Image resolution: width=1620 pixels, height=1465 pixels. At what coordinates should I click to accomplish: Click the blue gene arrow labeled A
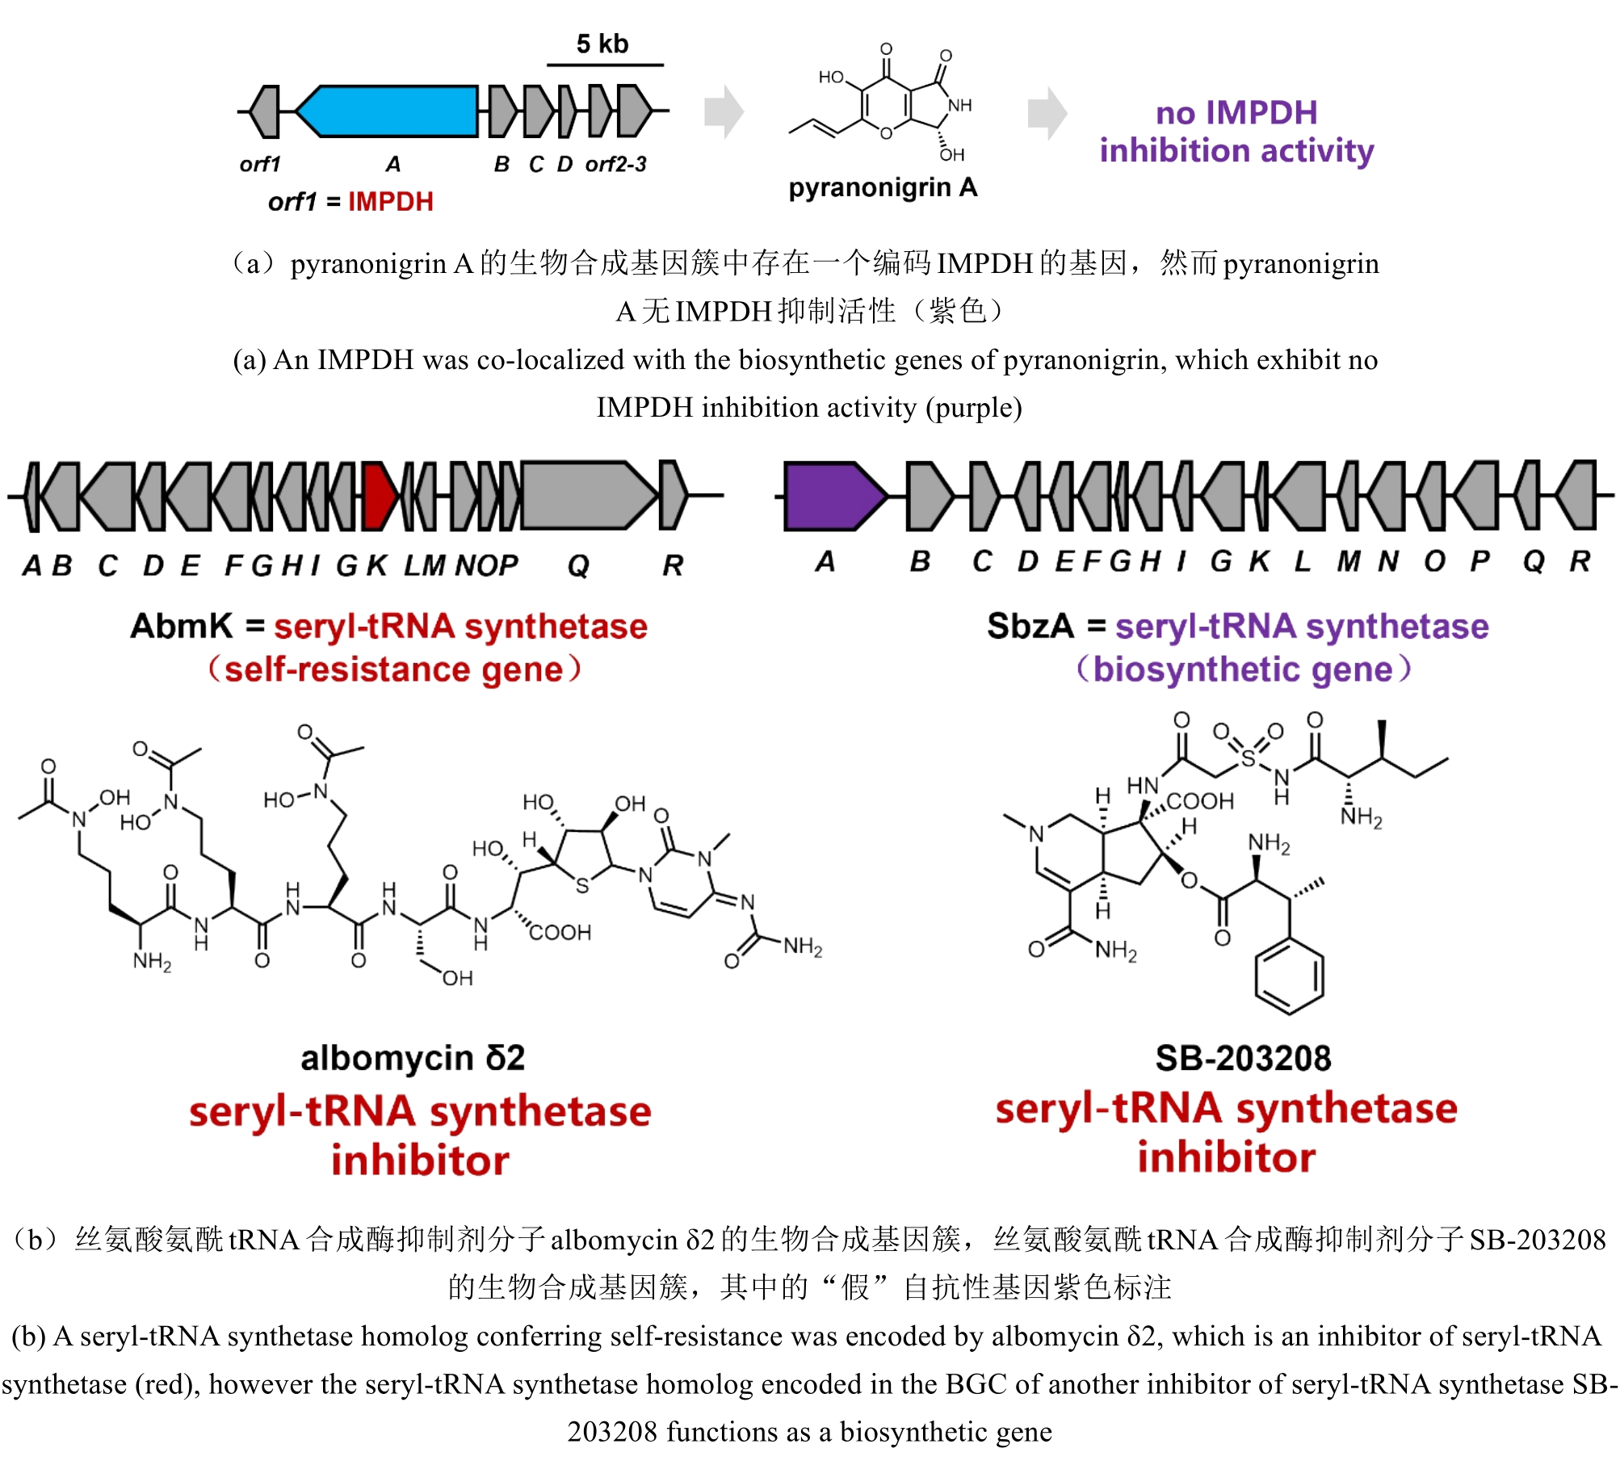(x=388, y=111)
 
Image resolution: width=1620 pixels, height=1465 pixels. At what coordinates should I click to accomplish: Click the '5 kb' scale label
(x=602, y=44)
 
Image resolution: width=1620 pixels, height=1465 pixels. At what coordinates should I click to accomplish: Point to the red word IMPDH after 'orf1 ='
(x=391, y=201)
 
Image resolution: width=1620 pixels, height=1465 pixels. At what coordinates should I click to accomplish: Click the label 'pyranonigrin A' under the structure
(x=883, y=187)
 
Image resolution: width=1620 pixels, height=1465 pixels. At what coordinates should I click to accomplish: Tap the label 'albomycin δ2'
(x=413, y=1057)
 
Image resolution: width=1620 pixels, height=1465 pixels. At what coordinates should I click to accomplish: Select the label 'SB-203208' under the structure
(x=1243, y=1057)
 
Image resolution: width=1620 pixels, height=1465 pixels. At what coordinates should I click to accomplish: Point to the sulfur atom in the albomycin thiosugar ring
(x=582, y=886)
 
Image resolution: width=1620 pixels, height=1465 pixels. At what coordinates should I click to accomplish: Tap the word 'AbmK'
(x=181, y=626)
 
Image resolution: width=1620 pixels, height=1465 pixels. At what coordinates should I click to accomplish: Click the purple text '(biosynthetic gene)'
(x=1243, y=670)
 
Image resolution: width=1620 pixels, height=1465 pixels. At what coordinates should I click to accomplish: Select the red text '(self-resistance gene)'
(x=394, y=670)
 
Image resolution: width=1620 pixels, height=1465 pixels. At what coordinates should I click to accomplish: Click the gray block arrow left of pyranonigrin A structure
(x=723, y=111)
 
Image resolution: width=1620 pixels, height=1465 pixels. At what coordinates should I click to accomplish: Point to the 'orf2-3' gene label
(x=615, y=164)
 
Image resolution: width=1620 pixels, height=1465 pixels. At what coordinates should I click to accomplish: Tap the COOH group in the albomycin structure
(x=560, y=933)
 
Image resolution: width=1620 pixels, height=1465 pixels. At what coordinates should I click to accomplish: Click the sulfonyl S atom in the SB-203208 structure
(x=1249, y=758)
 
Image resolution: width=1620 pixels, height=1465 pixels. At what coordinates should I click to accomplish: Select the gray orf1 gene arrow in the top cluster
(x=266, y=111)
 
